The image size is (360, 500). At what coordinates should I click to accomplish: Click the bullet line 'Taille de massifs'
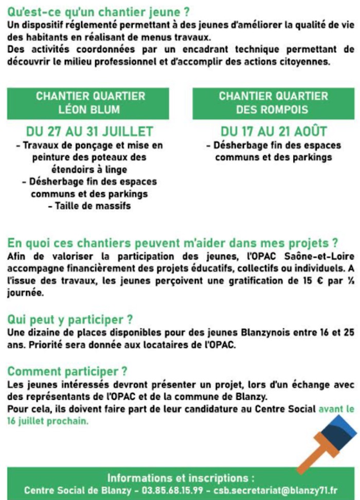pos(90,206)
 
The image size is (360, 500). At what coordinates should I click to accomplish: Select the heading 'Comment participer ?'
pos(60,371)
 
